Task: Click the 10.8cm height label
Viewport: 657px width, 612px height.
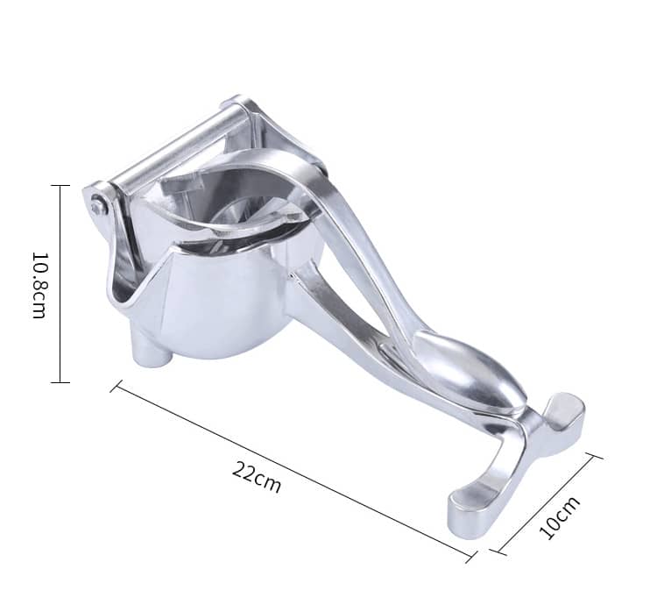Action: click(39, 285)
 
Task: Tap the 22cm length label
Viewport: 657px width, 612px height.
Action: click(256, 476)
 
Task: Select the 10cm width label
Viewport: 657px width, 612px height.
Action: click(560, 517)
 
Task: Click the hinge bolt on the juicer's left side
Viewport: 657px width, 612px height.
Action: click(97, 205)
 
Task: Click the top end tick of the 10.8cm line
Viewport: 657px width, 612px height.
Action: click(60, 185)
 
